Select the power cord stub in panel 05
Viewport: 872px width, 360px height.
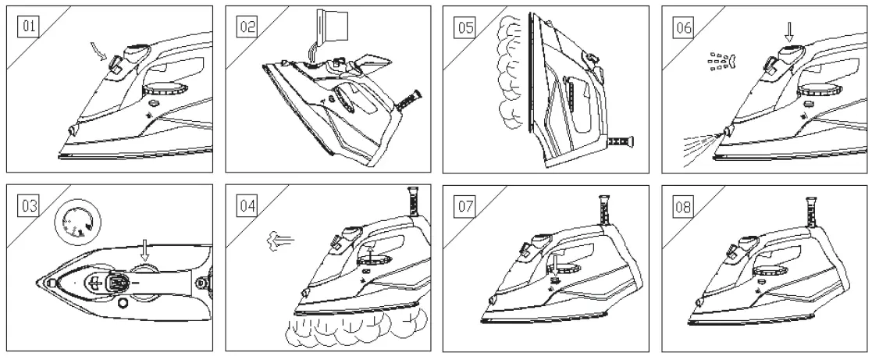tap(618, 141)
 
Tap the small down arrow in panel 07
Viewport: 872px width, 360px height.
tap(553, 268)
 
